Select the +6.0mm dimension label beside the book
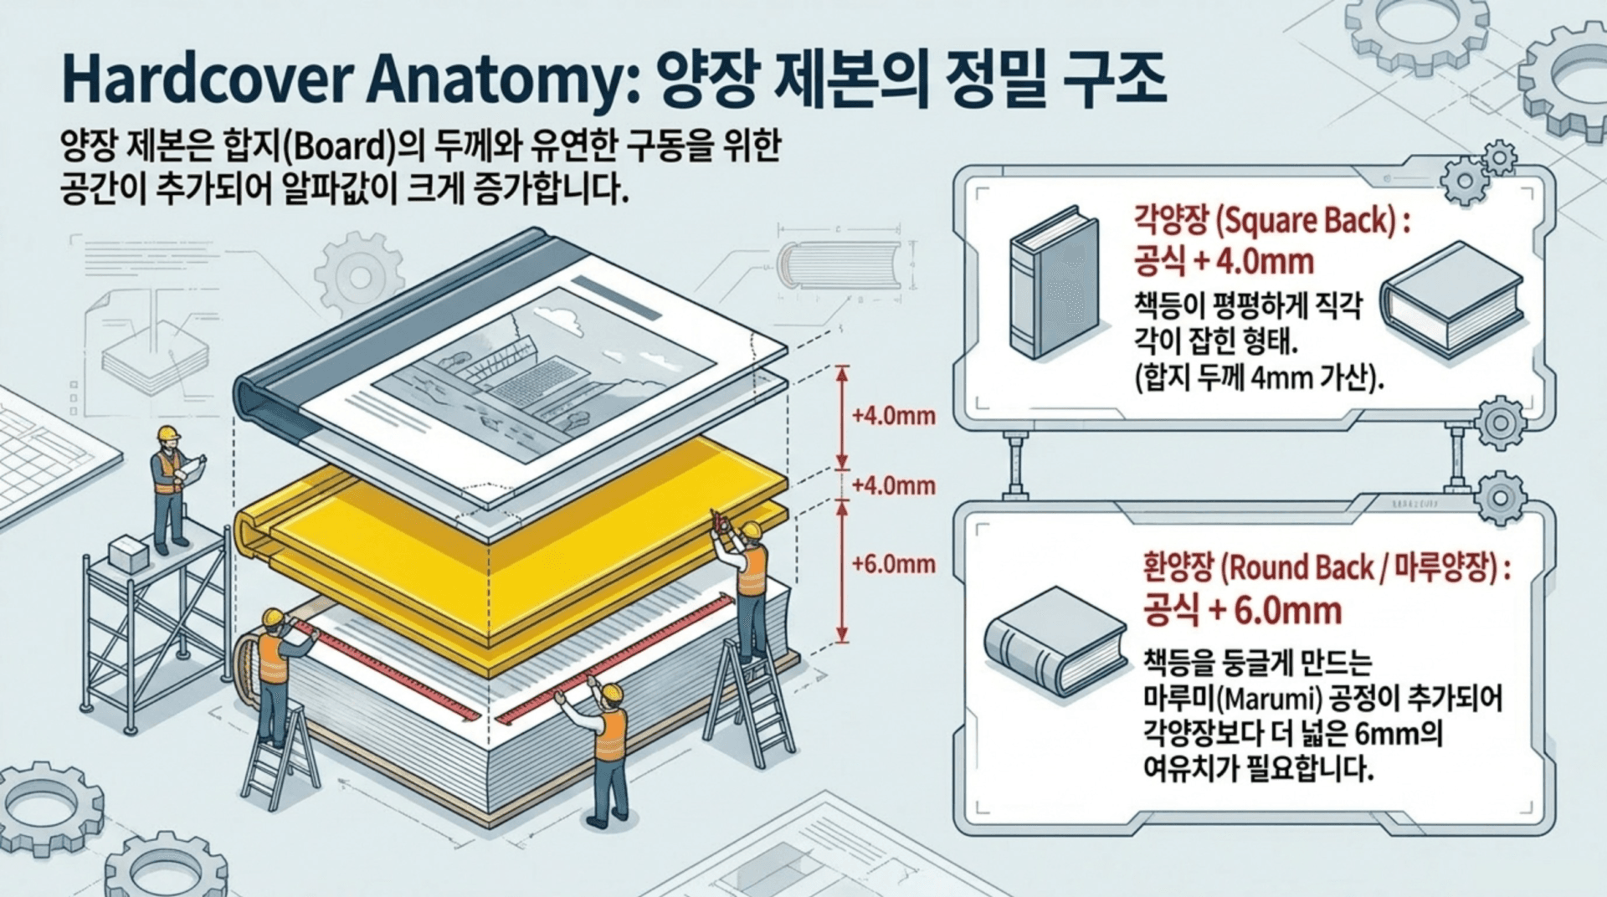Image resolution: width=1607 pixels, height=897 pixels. point(893,564)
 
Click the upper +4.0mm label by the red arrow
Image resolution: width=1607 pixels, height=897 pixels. point(893,415)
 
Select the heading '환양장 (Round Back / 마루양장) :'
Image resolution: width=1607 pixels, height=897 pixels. point(1327,568)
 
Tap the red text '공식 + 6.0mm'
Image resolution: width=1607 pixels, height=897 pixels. point(1242,610)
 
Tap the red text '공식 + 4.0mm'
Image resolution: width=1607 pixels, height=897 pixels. point(1224,262)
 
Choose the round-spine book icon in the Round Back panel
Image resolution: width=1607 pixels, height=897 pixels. point(1055,640)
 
